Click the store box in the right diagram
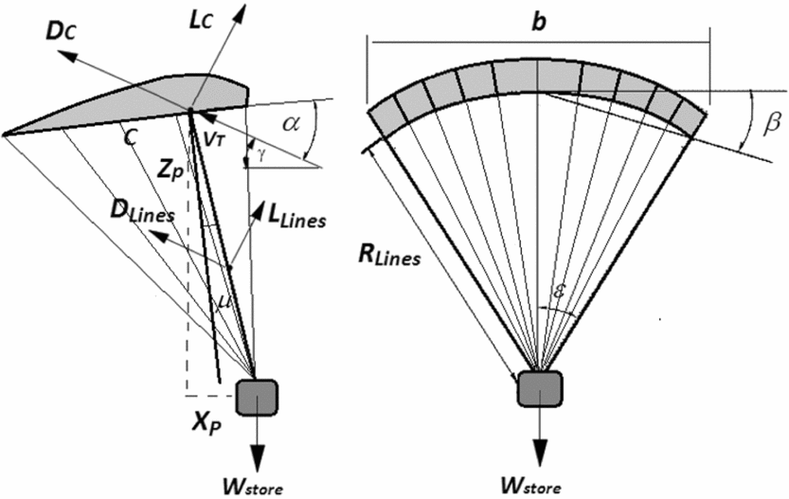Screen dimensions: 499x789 point(540,388)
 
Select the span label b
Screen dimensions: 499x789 point(538,22)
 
